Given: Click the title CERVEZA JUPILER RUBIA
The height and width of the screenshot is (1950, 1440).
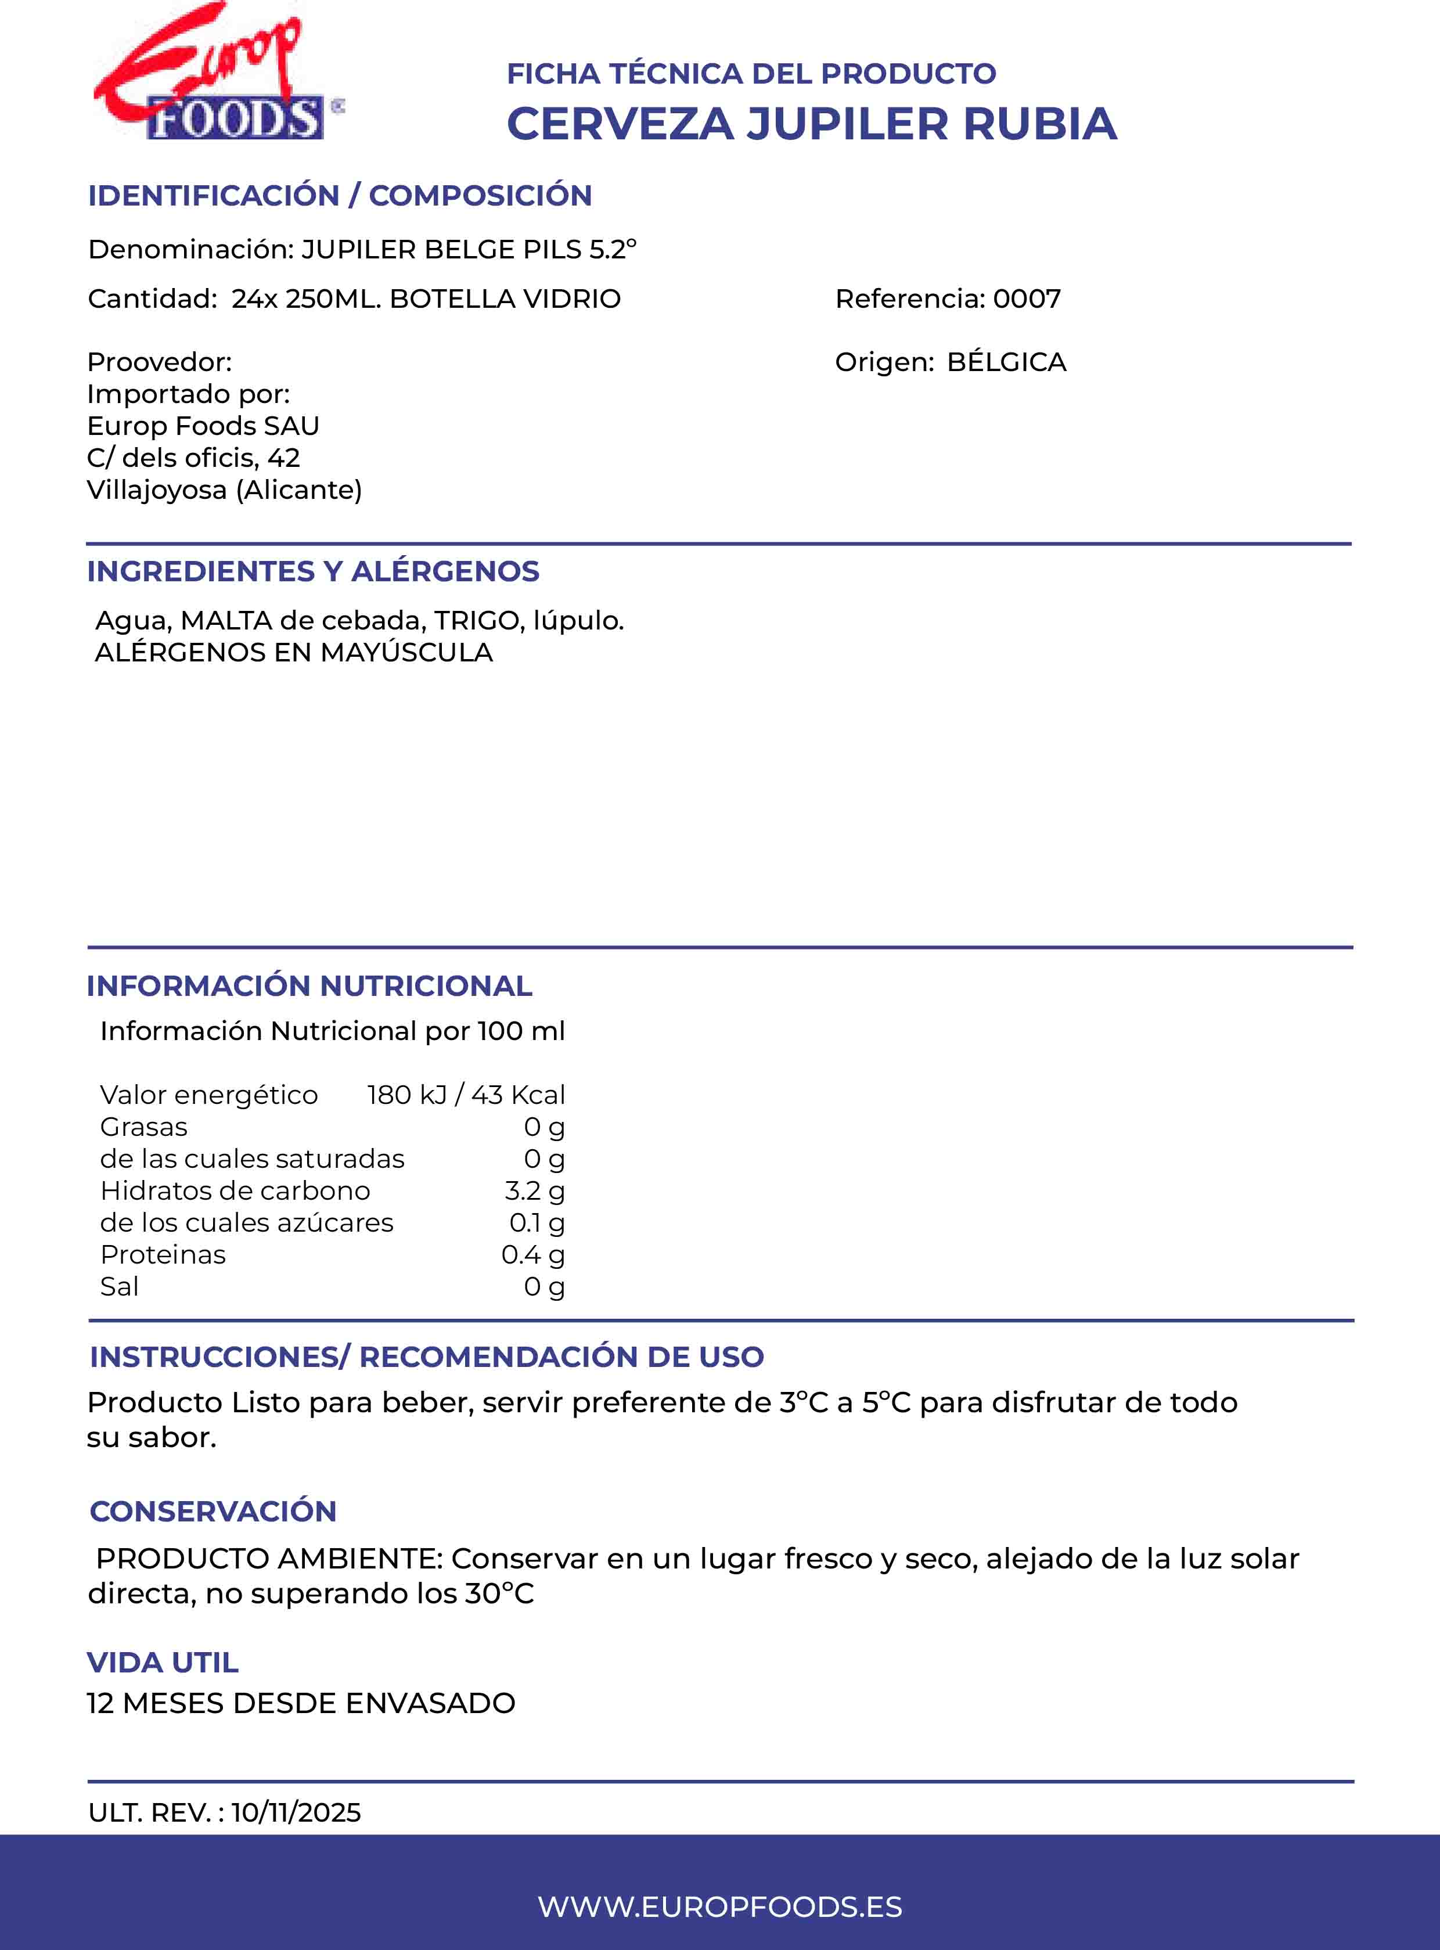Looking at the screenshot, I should point(812,124).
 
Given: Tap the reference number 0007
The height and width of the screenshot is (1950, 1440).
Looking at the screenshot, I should point(1027,299).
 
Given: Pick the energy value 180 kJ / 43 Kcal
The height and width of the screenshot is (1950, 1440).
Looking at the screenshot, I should point(466,1094).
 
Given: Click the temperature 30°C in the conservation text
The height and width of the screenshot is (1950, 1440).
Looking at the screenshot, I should point(499,1593).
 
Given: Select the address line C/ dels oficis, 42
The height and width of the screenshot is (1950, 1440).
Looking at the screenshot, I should point(193,458).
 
